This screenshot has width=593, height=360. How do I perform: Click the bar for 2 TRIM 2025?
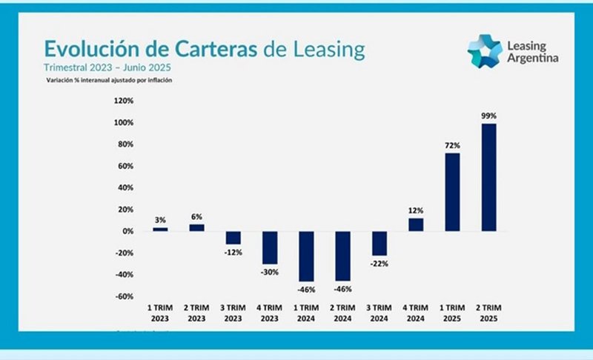click(488, 177)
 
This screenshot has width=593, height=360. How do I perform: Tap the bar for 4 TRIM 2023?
click(270, 247)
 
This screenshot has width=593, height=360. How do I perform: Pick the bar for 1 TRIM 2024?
click(306, 256)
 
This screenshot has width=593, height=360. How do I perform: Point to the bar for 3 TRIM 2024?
click(380, 243)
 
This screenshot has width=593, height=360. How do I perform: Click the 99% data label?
click(488, 116)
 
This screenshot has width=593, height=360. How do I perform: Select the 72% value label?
click(452, 145)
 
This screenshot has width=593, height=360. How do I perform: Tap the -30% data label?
click(270, 272)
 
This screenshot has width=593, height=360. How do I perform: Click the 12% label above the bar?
click(416, 211)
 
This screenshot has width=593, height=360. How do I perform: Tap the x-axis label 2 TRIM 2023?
click(196, 311)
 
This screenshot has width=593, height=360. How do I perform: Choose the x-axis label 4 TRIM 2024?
click(416, 311)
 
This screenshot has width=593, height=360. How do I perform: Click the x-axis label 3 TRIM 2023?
click(233, 311)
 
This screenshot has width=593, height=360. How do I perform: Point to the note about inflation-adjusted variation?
click(109, 79)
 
